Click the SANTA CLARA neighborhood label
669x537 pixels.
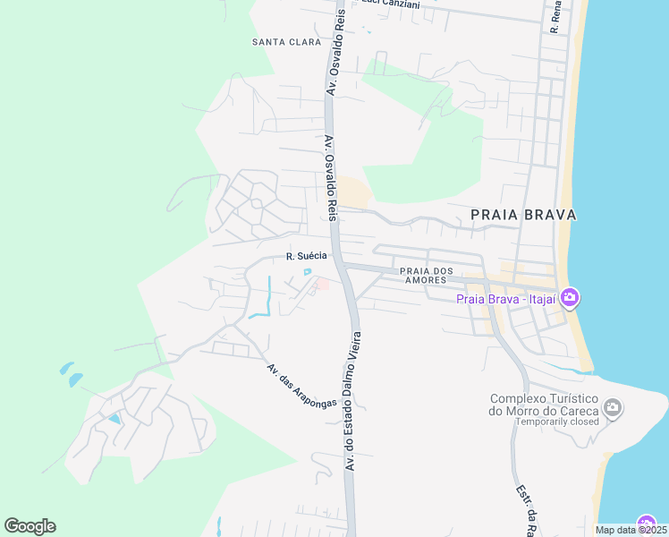point(286,42)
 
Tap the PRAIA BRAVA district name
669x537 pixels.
point(523,215)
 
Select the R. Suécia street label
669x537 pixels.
point(306,256)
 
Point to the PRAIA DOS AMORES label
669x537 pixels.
point(425,275)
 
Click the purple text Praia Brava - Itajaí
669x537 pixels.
point(506,298)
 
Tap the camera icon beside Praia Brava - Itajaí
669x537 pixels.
point(570,297)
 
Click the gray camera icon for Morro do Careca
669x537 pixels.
point(613,408)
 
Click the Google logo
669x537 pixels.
point(30,526)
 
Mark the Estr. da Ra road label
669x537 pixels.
point(525,511)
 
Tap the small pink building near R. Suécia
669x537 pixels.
point(321,285)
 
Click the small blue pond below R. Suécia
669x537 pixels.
point(308,272)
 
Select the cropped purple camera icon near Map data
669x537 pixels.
point(648,524)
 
